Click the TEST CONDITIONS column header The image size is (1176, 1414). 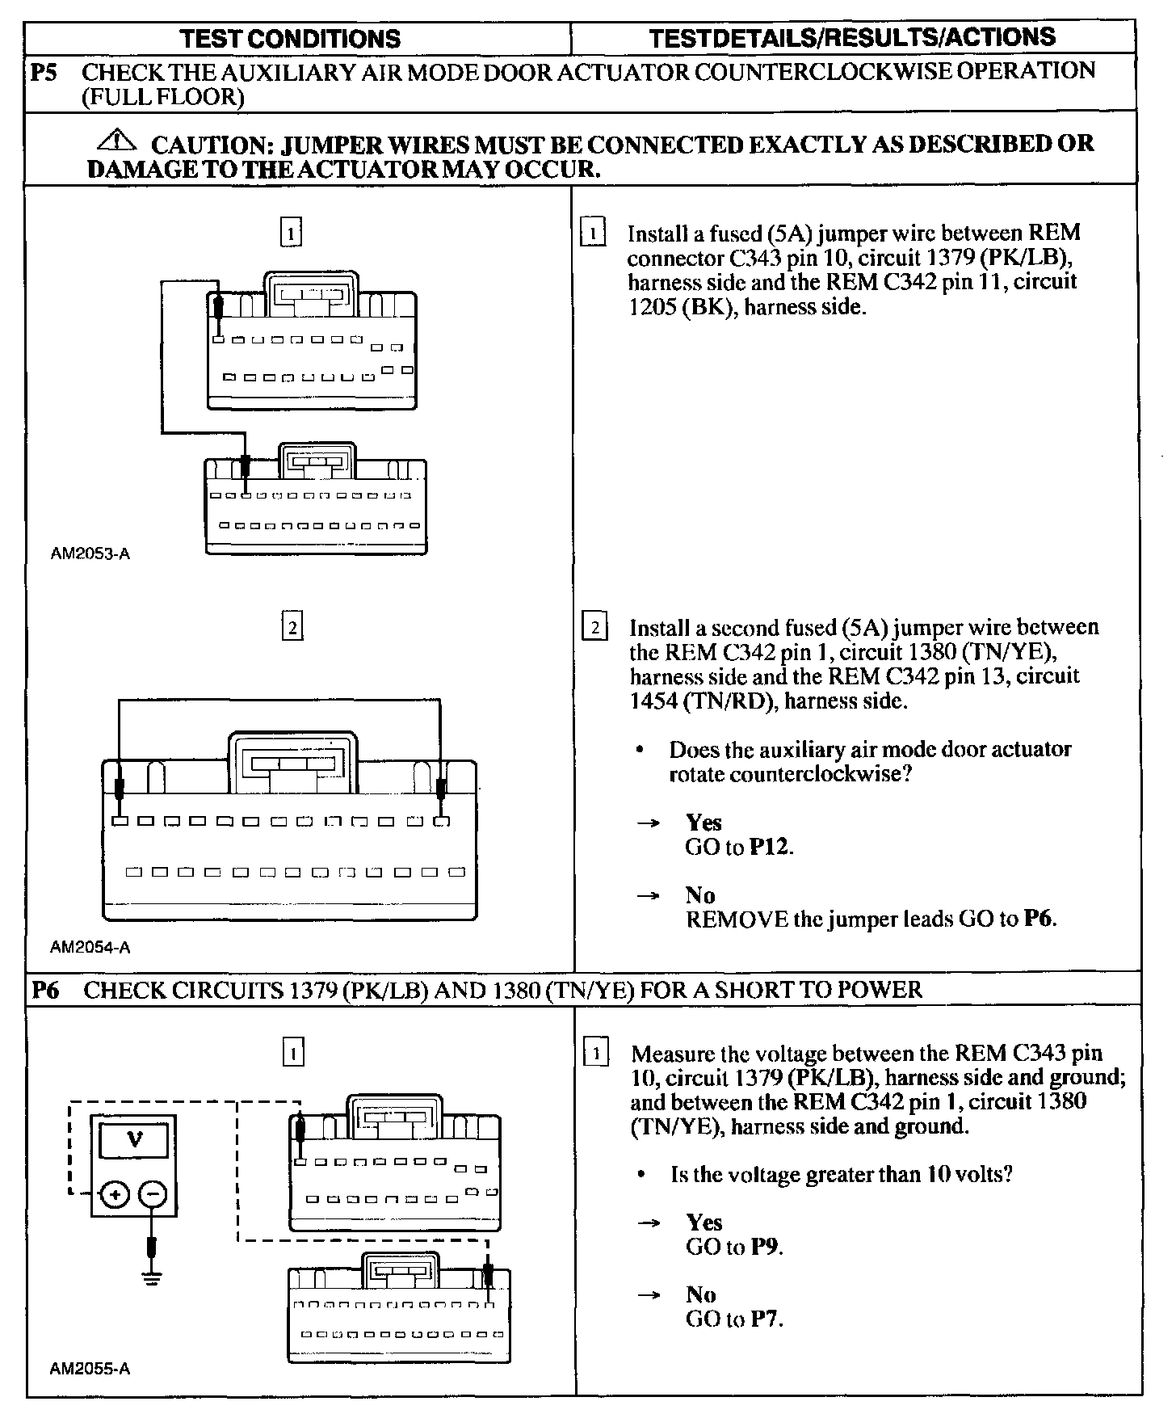point(290,39)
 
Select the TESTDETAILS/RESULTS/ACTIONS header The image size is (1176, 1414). point(852,37)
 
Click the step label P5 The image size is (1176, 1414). point(44,72)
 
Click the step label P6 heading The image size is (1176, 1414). point(45,990)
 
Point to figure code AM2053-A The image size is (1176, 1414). point(90,554)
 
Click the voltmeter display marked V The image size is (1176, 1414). point(134,1140)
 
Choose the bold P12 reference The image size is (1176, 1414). point(769,847)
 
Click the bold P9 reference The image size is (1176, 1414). point(764,1247)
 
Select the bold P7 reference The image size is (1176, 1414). point(764,1319)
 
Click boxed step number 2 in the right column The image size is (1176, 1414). point(595,628)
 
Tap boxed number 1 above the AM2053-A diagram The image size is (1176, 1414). point(291,233)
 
